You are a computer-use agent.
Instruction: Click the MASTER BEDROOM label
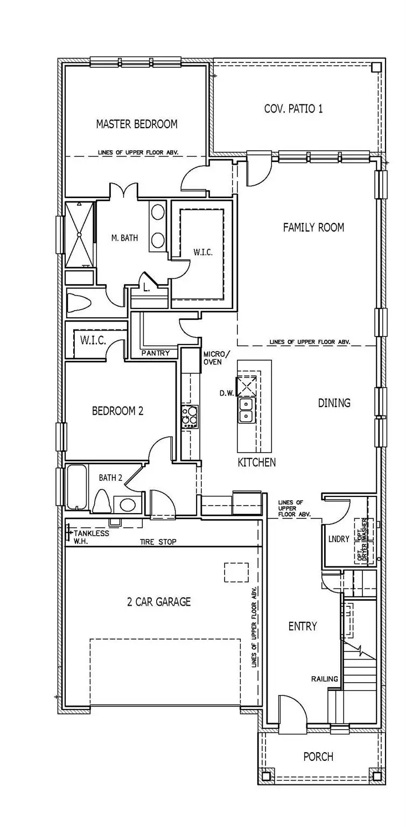(136, 124)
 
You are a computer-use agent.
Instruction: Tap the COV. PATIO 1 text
(293, 109)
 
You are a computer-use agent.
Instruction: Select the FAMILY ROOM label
(313, 228)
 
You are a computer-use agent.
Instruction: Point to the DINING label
(334, 403)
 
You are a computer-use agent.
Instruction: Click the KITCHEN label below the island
(257, 462)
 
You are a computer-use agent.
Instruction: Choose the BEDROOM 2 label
(117, 411)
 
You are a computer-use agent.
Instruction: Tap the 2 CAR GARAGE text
(159, 601)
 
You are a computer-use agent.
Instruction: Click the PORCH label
(318, 756)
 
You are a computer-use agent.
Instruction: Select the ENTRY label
(302, 626)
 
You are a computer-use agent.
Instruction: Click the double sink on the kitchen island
(247, 409)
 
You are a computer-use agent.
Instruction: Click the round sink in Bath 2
(128, 504)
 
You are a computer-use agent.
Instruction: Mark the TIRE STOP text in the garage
(158, 542)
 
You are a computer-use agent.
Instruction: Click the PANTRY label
(155, 353)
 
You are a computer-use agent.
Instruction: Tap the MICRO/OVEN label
(216, 358)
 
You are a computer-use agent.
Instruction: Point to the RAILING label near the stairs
(324, 678)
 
